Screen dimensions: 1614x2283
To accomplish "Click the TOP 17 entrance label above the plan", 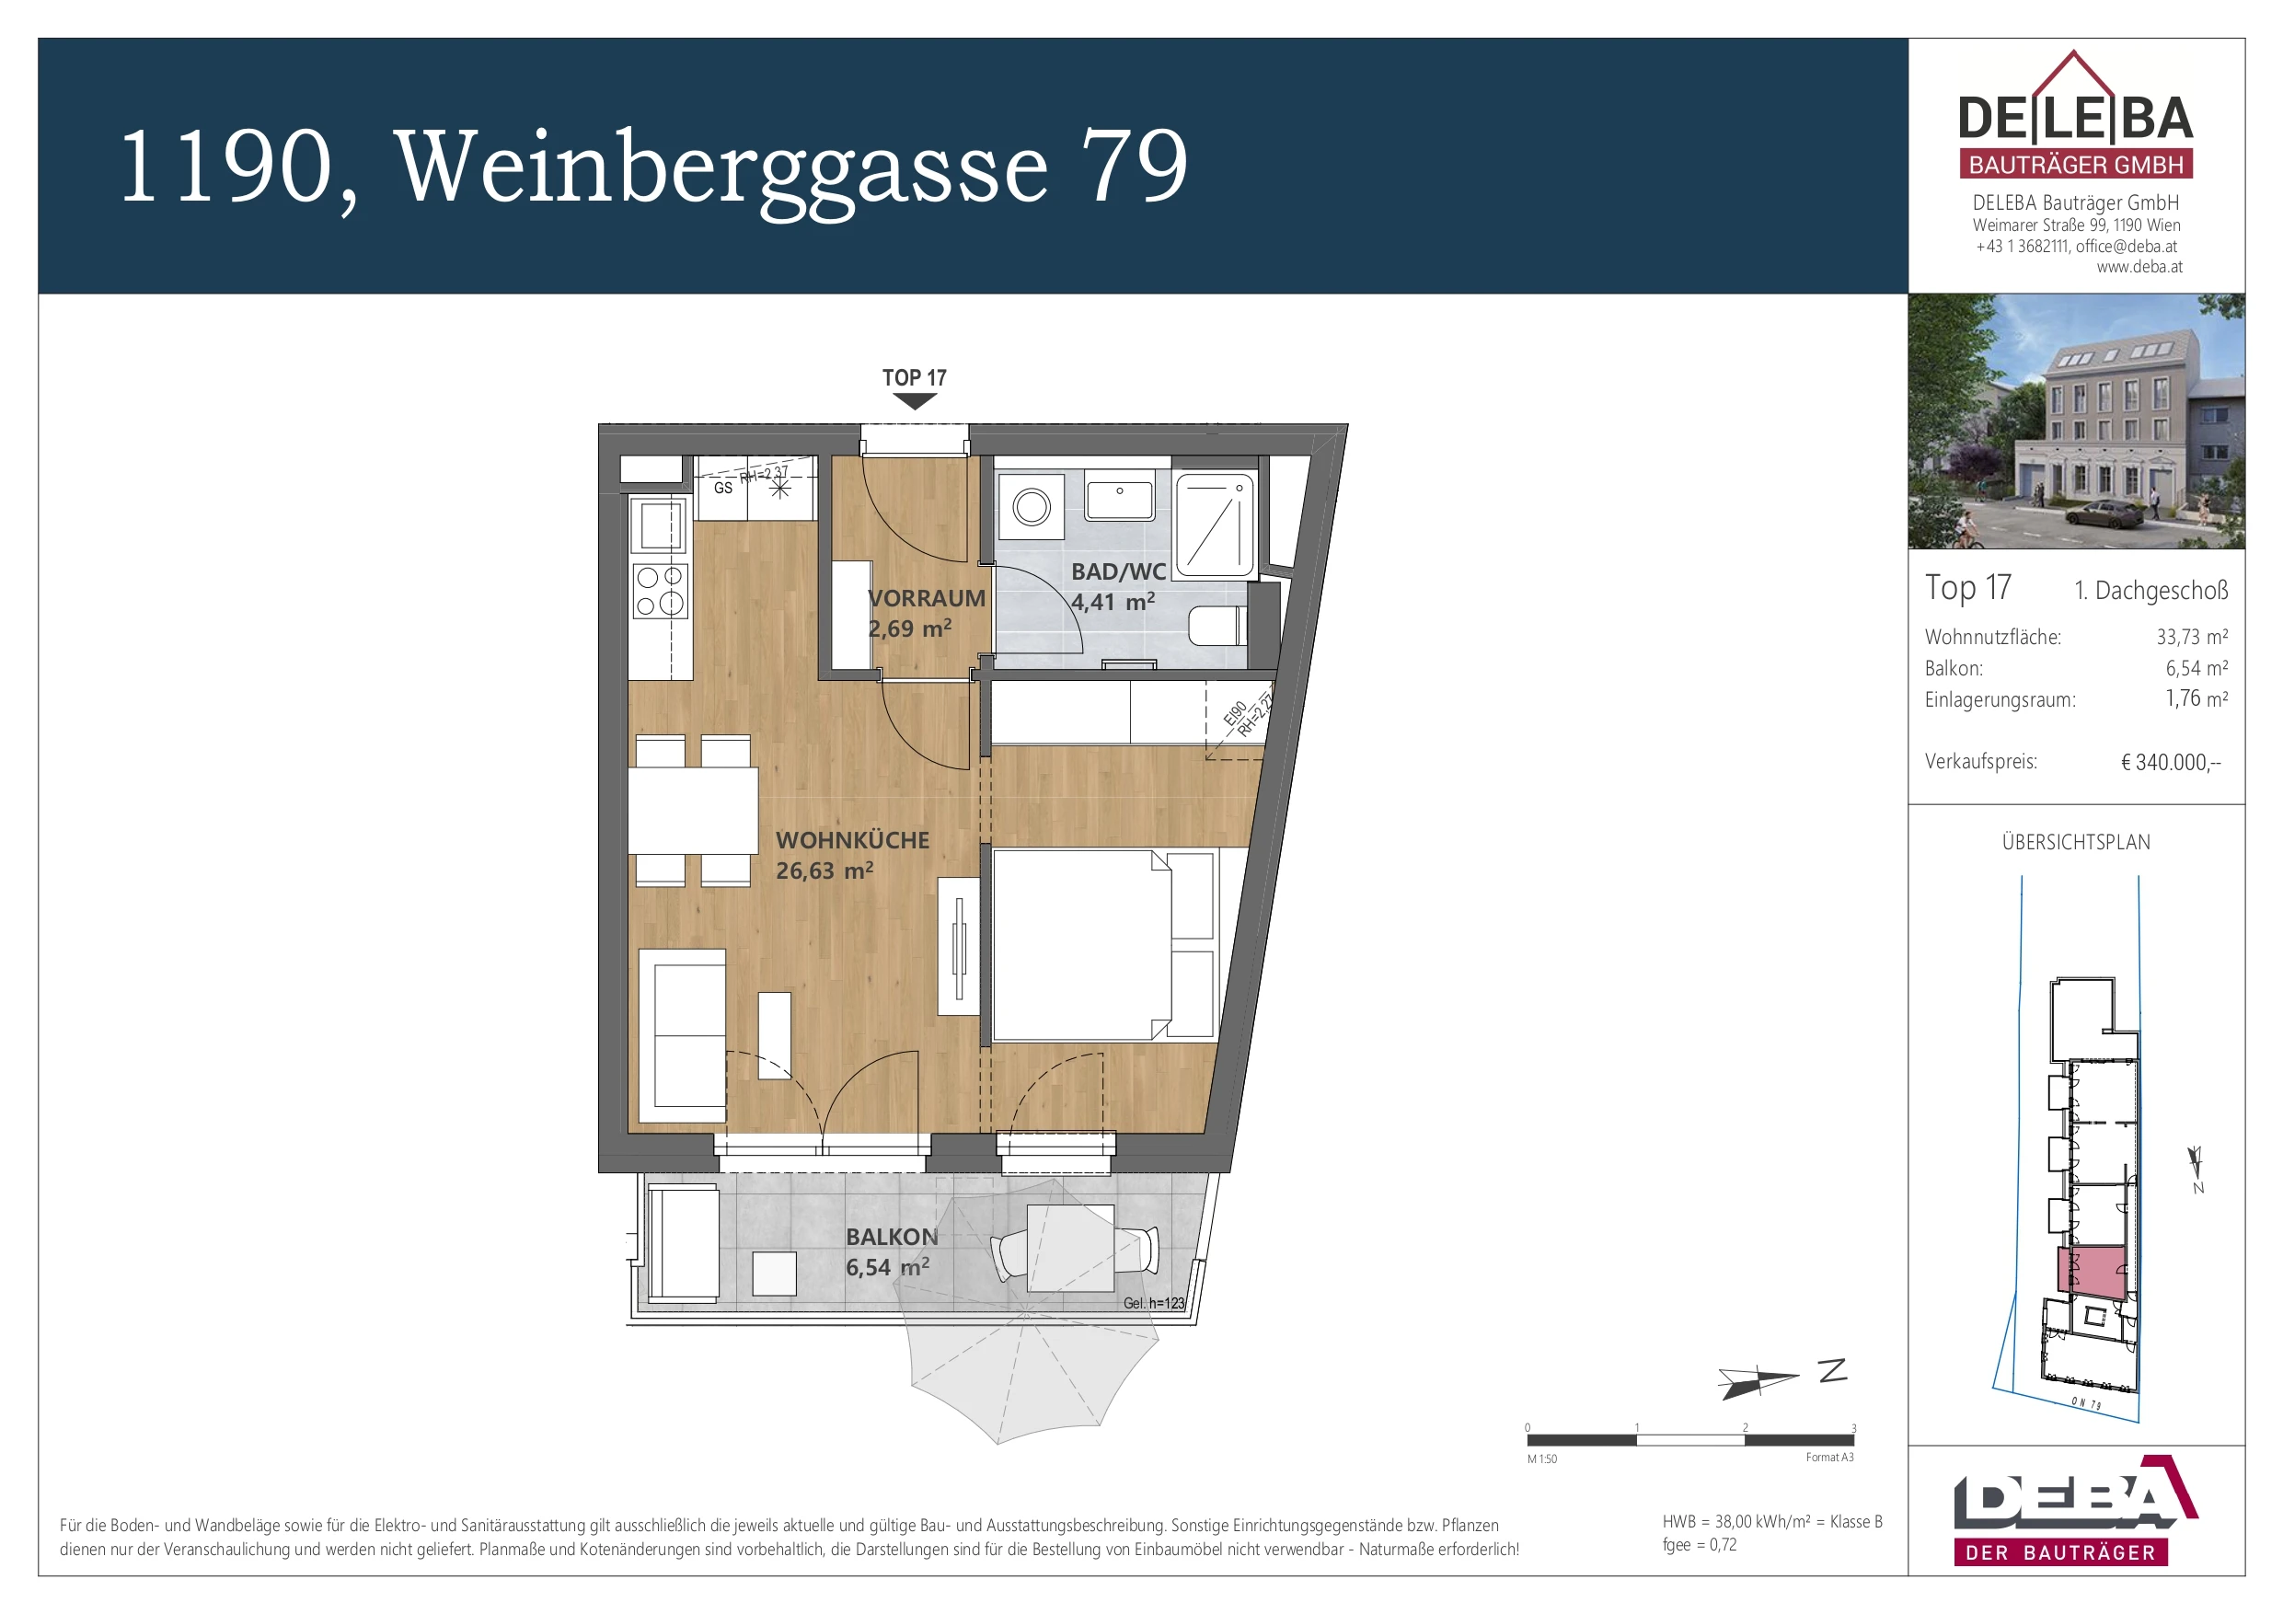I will click(914, 378).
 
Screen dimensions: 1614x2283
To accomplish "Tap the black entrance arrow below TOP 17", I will click(914, 401).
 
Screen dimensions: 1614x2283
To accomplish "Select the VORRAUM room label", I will click(925, 599).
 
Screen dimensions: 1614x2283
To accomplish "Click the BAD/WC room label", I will click(1118, 571).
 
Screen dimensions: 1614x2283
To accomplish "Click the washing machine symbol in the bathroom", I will click(1032, 507).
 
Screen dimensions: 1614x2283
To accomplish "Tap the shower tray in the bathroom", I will click(1213, 525).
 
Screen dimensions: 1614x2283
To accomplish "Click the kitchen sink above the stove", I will click(661, 525).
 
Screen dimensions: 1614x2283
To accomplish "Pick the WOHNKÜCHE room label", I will click(852, 840).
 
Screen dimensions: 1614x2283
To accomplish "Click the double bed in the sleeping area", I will click(1084, 945).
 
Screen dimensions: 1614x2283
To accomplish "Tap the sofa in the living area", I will click(684, 1035).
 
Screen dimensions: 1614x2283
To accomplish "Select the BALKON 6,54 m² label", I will click(890, 1252).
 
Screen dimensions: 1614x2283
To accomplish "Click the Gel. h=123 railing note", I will click(1153, 1303).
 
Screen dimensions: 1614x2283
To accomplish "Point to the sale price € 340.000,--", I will click(2170, 763).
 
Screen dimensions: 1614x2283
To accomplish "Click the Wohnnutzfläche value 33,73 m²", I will click(2192, 638).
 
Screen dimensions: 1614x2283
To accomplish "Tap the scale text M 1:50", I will click(1541, 1458).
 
